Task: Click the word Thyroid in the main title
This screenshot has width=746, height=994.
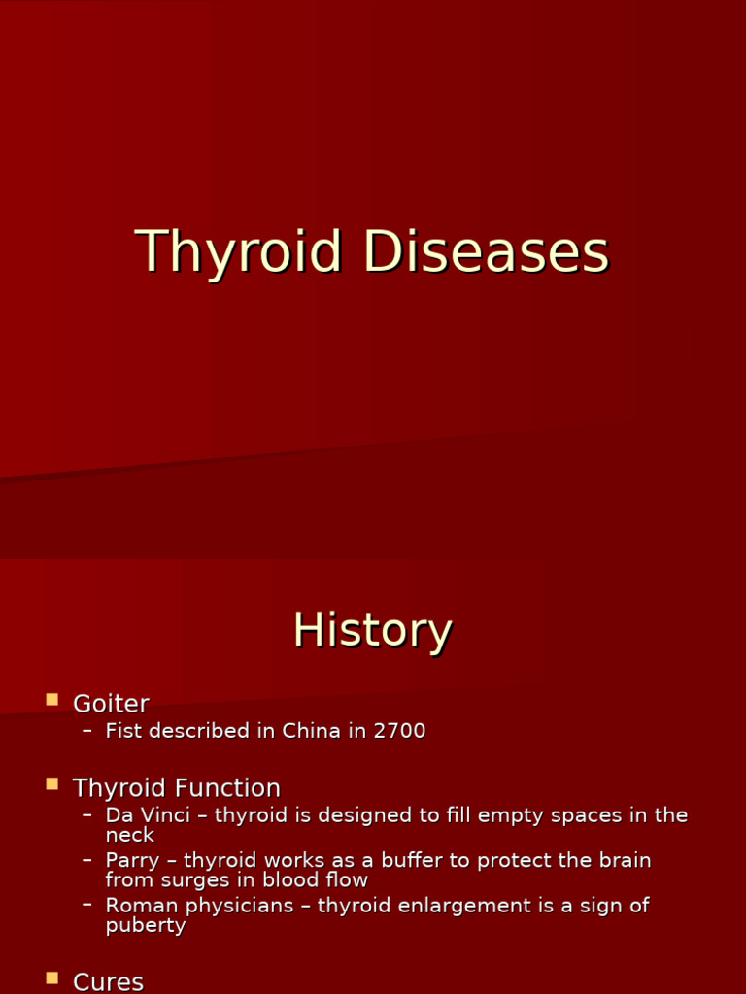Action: (x=238, y=252)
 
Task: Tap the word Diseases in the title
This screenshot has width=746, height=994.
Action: (x=486, y=252)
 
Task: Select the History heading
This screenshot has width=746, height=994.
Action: (x=373, y=630)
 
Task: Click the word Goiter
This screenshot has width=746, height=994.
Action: (x=111, y=704)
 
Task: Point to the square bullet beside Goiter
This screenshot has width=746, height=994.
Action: (x=52, y=699)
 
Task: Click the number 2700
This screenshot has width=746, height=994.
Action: (x=399, y=731)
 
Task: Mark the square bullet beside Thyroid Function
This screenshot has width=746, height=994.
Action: (x=52, y=782)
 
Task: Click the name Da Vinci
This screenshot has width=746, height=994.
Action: (x=148, y=815)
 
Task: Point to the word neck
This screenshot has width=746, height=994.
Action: (x=129, y=835)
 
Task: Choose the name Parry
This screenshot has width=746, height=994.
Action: (x=132, y=861)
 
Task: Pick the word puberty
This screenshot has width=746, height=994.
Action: (x=145, y=925)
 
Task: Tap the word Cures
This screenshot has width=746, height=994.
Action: (x=108, y=981)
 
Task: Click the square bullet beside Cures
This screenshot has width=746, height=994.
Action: (x=52, y=977)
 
